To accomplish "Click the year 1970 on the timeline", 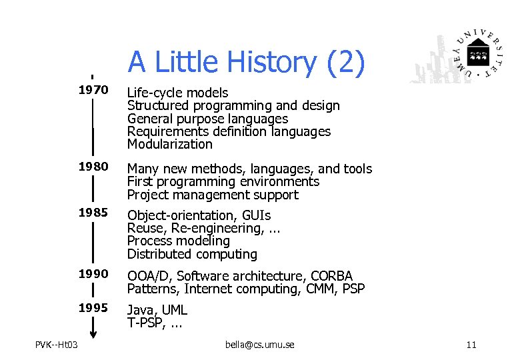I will click(93, 92).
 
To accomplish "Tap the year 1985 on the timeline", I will click(93, 215).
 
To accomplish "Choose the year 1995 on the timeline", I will click(93, 309).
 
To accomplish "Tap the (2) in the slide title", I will click(345, 62).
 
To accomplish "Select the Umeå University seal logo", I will click(476, 54).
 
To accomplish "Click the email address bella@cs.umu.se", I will click(260, 344).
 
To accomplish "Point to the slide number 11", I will click(471, 344).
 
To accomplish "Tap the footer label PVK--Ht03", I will click(57, 344).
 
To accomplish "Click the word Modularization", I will click(169, 144).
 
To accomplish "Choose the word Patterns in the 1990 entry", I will click(153, 289).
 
